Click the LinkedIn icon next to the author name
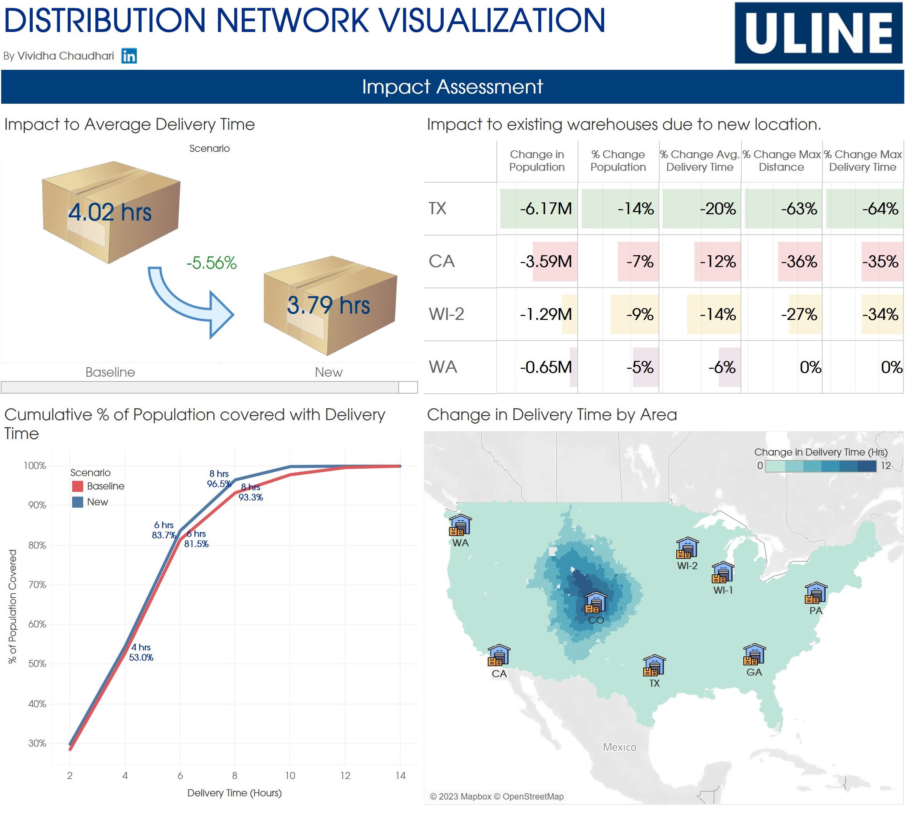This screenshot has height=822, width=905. (129, 56)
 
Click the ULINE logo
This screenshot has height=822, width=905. (818, 33)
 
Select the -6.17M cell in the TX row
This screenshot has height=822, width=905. (545, 209)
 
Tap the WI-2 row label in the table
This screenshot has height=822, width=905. (446, 314)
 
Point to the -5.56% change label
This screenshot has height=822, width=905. (211, 263)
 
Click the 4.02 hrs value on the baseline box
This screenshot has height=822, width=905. (110, 212)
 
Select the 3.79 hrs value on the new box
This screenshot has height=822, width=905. (328, 305)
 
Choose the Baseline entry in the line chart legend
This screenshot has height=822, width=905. (105, 486)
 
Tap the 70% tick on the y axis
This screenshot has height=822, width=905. (37, 585)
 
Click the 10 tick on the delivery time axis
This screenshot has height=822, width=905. (290, 776)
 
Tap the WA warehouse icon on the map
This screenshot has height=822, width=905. (460, 526)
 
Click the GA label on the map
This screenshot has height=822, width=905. (754, 673)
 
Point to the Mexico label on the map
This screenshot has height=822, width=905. (619, 747)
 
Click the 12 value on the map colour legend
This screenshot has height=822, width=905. (885, 465)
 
